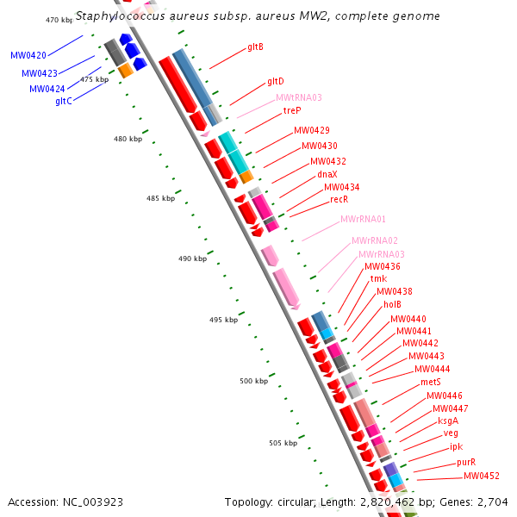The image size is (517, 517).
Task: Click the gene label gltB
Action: (x=255, y=47)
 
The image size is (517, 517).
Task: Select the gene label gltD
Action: (x=276, y=81)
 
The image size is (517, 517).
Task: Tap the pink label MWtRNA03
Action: (x=298, y=97)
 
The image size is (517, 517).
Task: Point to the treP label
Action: (x=292, y=111)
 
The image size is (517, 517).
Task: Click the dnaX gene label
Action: (x=327, y=174)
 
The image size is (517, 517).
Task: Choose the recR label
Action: (x=339, y=199)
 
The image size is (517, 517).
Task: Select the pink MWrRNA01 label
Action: (x=363, y=220)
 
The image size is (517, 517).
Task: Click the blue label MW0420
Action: (x=28, y=55)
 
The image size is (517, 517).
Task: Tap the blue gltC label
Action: (x=64, y=101)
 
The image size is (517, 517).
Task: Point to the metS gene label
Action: (x=431, y=382)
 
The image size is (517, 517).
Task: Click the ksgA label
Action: (x=448, y=420)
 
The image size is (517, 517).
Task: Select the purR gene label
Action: (x=466, y=462)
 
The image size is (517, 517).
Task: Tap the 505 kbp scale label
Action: (x=283, y=443)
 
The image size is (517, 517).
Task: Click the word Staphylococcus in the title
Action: (x=119, y=16)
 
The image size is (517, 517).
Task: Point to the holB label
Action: (x=392, y=304)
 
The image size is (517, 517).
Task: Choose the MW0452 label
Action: (x=482, y=476)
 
